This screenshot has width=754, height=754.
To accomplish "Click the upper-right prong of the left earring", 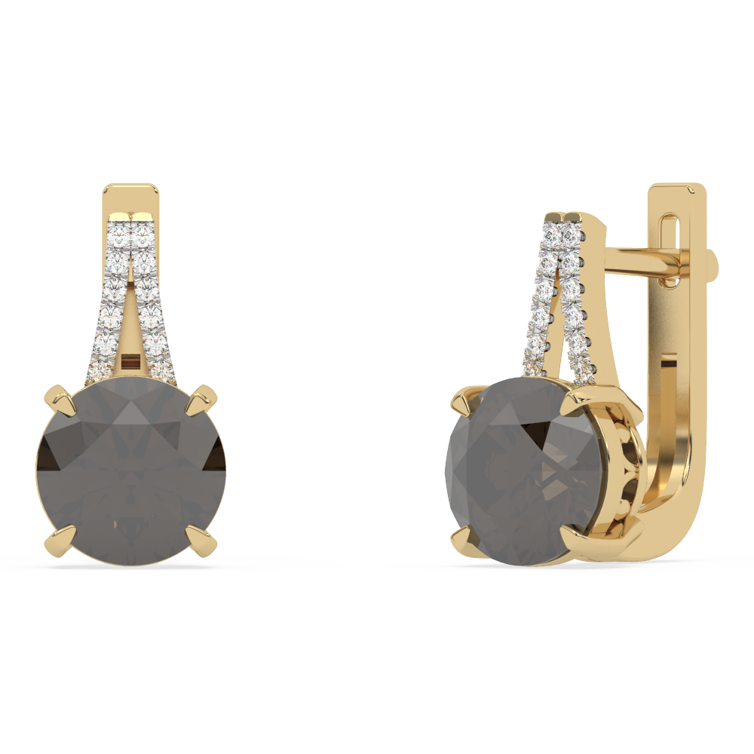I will [202, 397].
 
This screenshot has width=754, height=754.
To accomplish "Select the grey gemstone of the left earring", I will [130, 471].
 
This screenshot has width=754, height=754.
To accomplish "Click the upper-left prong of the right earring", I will [461, 398].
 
